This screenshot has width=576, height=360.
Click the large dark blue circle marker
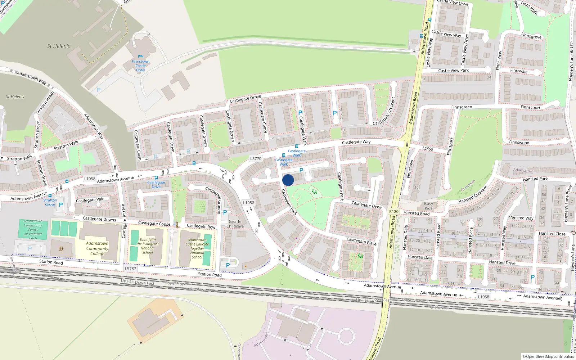(288, 180)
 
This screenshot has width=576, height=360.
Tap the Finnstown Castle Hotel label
(140, 66)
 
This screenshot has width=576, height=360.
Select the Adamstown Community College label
(97, 248)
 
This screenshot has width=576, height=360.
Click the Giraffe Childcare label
(235, 224)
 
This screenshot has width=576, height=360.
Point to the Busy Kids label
(428, 206)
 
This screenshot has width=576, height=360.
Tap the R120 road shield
(394, 212)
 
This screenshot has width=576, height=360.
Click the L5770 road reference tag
(256, 158)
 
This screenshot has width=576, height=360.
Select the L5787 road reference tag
(130, 269)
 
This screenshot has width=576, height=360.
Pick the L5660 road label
(428, 149)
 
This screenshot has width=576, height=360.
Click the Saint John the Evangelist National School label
(148, 246)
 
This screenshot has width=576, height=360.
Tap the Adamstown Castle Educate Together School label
(197, 248)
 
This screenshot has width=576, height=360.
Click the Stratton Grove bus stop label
(50, 202)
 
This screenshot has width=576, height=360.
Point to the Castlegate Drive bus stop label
(156, 185)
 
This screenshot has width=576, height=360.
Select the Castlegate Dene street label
(366, 205)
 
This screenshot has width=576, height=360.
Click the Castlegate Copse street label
(154, 224)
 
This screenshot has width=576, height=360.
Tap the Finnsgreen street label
(462, 107)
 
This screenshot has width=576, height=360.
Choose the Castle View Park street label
(454, 71)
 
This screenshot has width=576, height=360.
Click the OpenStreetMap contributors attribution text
(548, 356)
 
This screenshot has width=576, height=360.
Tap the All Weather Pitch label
(33, 236)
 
